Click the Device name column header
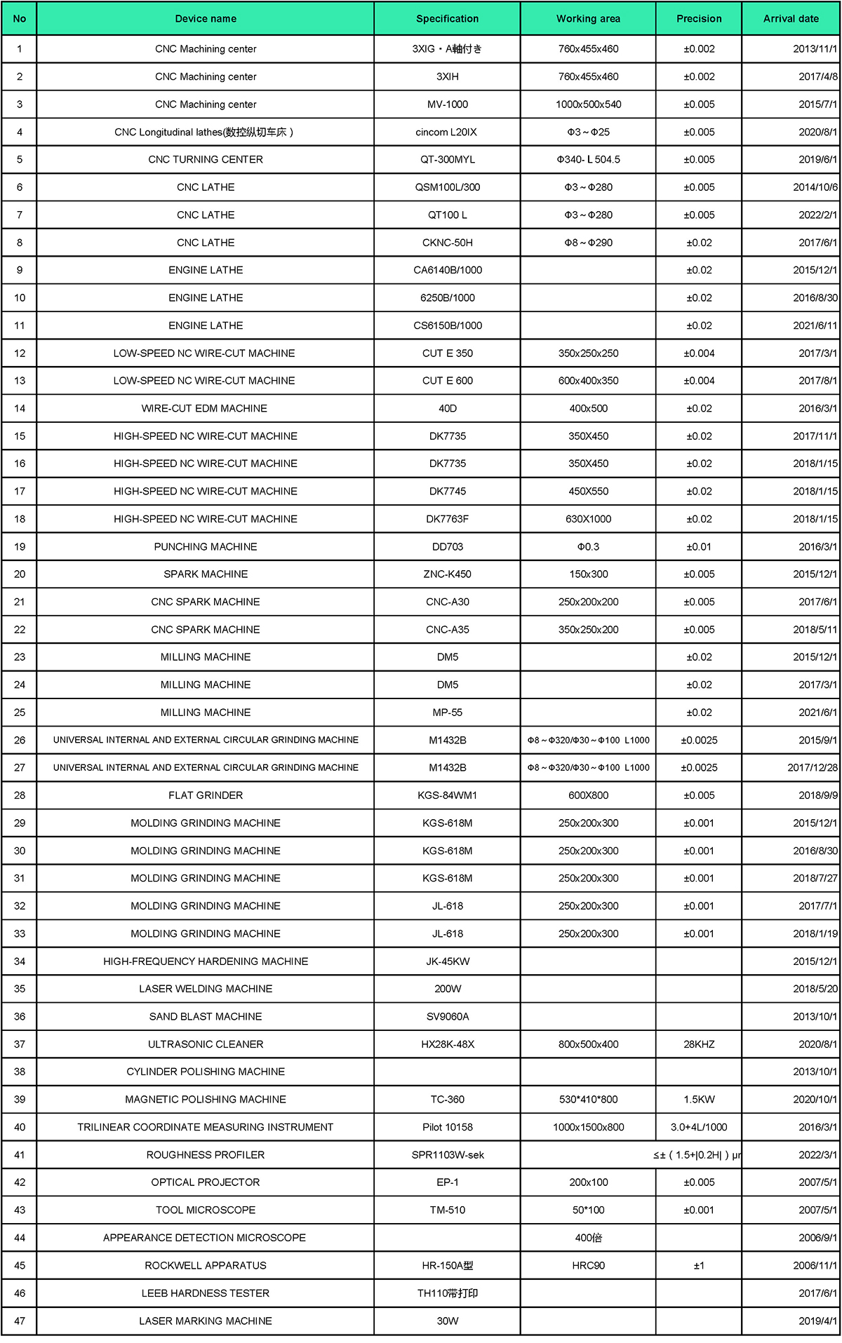pos(206,19)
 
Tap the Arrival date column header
pos(791,19)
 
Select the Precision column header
pos(699,19)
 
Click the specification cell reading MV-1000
pos(448,104)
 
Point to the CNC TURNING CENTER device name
pos(206,160)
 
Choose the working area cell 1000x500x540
pos(589,104)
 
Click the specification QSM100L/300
pos(448,187)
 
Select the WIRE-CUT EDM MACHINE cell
pos(204,408)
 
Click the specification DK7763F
pos(448,519)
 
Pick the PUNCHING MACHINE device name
pos(206,547)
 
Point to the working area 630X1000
pos(589,519)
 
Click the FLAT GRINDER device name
pos(206,795)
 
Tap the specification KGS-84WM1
pos(448,795)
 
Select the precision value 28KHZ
pos(699,1044)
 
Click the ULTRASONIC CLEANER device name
pos(206,1044)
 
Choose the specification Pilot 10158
pos(448,1127)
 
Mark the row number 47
pos(20,1321)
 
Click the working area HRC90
pos(589,1266)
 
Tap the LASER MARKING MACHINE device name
pos(206,1321)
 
